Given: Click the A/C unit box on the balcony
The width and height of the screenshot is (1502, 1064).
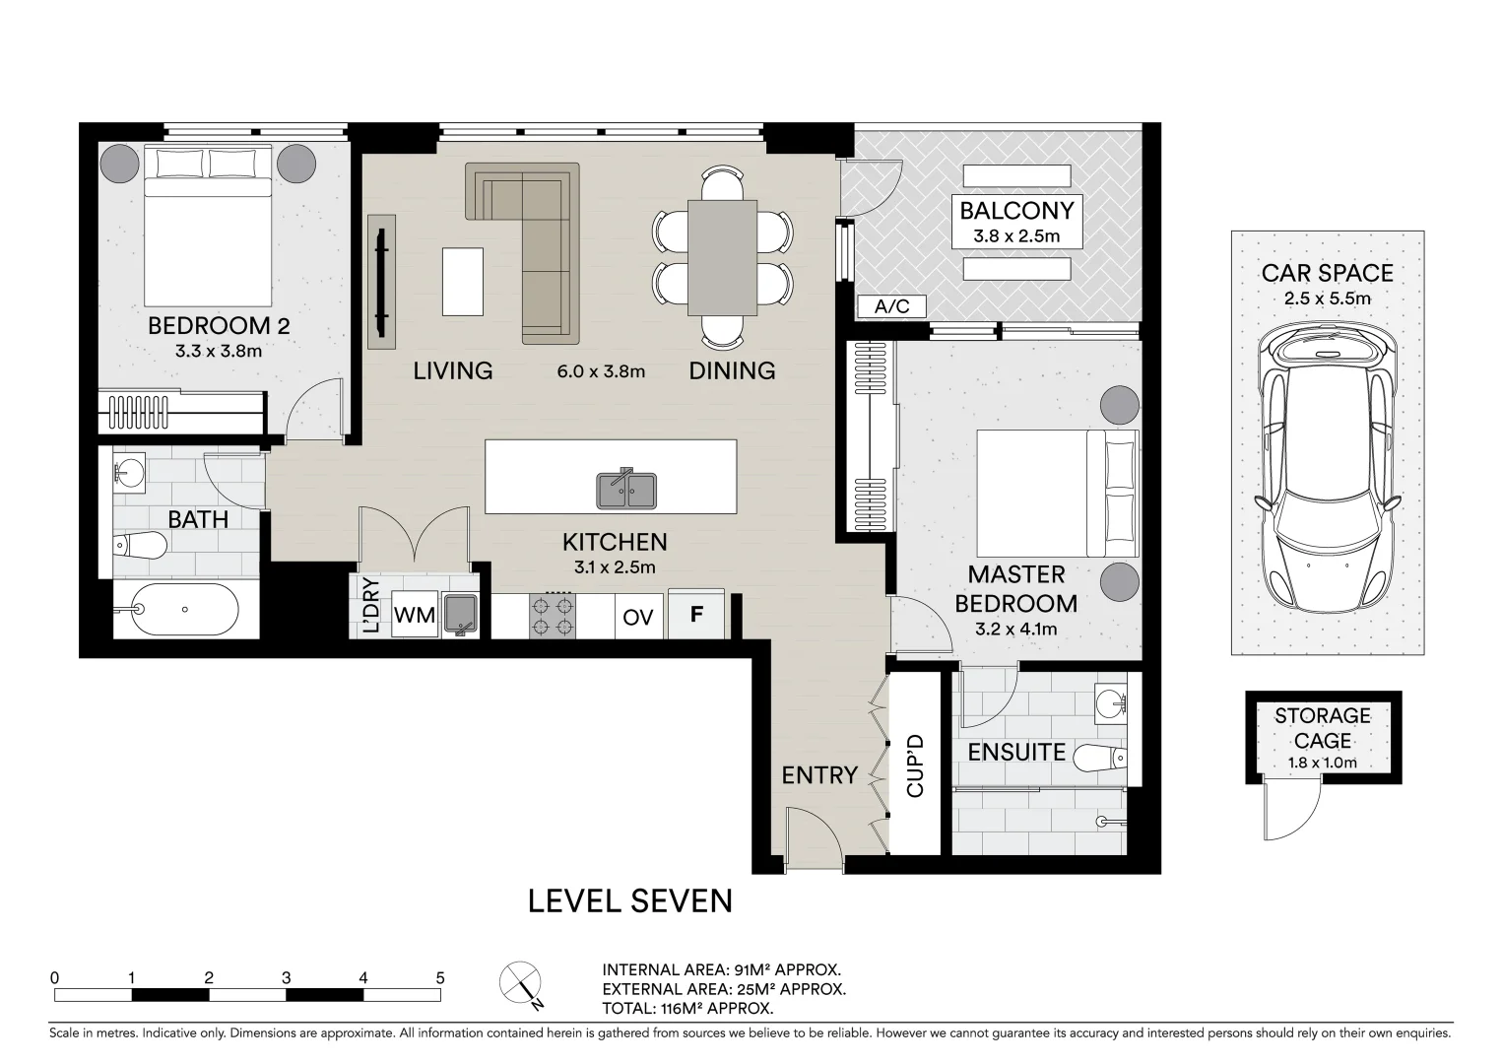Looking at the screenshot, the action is [x=891, y=306].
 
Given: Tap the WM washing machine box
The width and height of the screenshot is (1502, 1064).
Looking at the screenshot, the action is [x=415, y=615].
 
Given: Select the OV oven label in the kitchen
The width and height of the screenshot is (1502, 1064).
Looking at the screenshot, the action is [x=637, y=617].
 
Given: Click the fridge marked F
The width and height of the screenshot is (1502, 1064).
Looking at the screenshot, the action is [x=696, y=614].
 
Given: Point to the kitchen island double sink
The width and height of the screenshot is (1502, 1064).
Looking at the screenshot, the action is [x=626, y=489].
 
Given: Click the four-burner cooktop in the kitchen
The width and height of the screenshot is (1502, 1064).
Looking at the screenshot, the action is [x=553, y=617].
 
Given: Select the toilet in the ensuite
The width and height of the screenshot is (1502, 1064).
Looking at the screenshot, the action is [x=1100, y=759].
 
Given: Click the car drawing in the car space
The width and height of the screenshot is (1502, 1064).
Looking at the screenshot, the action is [x=1327, y=468].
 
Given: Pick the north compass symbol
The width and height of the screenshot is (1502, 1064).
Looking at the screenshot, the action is [x=522, y=983].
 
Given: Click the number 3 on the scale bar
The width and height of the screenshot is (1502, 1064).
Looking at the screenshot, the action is [x=287, y=977].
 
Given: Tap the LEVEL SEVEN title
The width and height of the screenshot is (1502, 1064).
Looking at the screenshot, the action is [x=629, y=901].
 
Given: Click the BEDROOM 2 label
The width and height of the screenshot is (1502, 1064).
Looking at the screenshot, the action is [x=219, y=326].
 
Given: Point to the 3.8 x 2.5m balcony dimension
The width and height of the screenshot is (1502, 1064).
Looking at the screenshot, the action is [x=1016, y=236].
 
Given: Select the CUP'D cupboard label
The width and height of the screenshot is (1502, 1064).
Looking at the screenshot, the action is [x=915, y=765].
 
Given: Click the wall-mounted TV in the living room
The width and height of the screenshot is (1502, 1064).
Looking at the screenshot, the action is [x=381, y=283].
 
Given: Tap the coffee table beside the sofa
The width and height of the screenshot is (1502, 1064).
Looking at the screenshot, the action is [x=463, y=282].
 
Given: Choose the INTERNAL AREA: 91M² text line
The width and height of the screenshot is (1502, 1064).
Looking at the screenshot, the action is [x=722, y=970].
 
